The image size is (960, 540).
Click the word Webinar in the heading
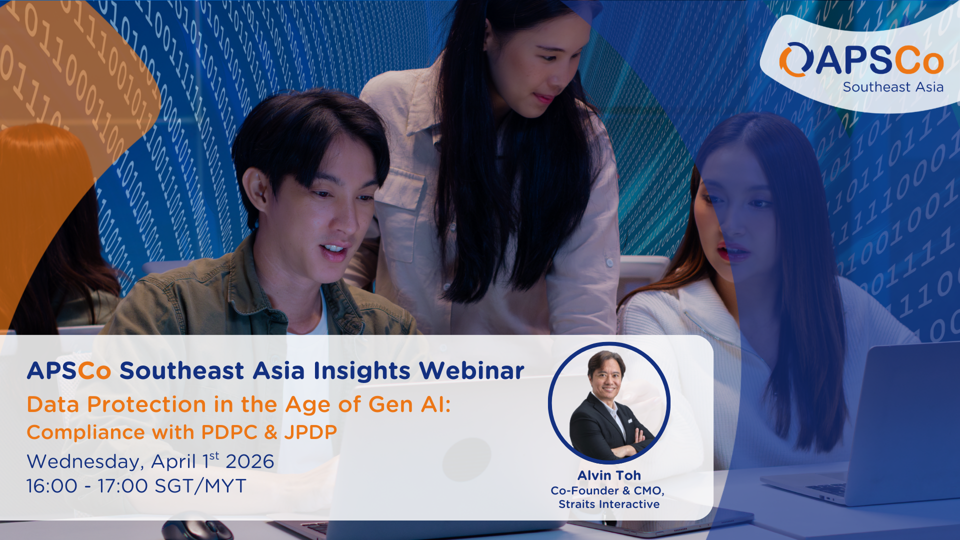click(471, 371)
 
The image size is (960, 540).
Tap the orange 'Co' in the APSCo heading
click(94, 371)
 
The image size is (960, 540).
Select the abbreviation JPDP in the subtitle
click(310, 432)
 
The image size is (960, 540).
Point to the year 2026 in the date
click(249, 461)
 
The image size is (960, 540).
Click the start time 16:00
click(52, 486)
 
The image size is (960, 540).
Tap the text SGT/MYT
click(200, 486)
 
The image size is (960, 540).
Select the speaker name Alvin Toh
click(609, 475)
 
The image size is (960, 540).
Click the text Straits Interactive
click(609, 504)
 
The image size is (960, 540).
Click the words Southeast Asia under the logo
click(893, 87)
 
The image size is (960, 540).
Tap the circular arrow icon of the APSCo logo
click(794, 60)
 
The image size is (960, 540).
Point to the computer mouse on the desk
click(197, 530)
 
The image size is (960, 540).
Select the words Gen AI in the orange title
click(409, 404)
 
